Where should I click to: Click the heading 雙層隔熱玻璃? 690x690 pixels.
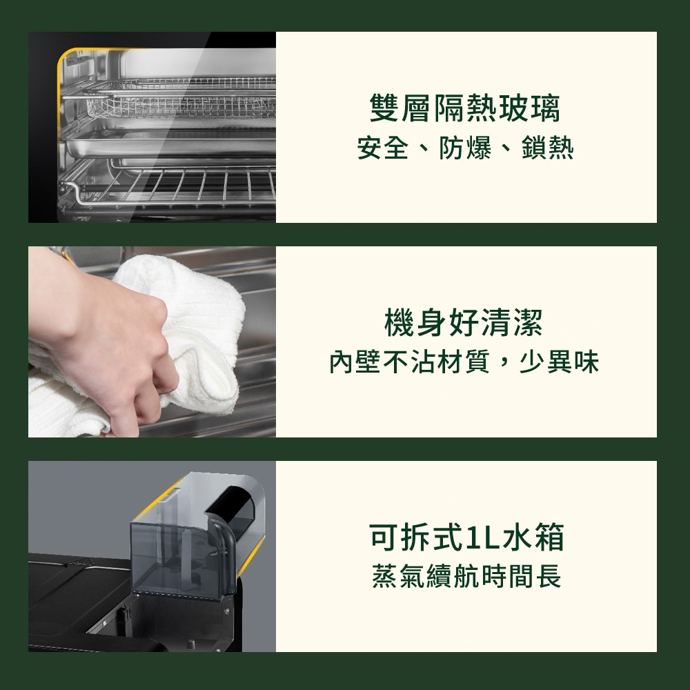(465, 108)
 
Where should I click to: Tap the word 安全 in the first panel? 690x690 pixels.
(382, 148)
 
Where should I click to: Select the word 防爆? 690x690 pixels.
(465, 148)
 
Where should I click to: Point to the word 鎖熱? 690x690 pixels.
(548, 148)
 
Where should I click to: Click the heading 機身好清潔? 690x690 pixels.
(464, 322)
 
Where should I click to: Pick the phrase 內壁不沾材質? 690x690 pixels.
(410, 362)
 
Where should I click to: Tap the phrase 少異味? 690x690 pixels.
(560, 362)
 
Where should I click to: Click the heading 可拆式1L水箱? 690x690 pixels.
(466, 537)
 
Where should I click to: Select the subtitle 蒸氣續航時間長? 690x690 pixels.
(466, 576)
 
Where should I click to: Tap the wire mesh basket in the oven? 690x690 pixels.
(180, 102)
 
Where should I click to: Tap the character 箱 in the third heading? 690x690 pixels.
(549, 537)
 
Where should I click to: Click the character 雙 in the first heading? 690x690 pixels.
(384, 108)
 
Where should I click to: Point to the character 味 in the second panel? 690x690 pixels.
(586, 362)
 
